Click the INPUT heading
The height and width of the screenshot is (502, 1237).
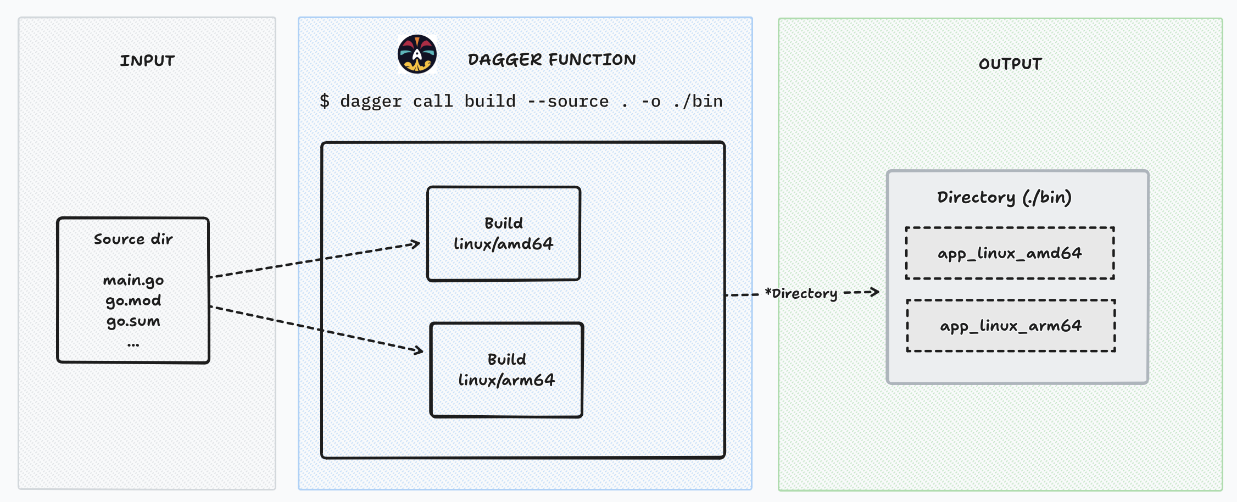[147, 60]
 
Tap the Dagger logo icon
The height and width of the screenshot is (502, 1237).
[417, 54]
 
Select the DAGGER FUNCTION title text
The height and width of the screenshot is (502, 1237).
[551, 59]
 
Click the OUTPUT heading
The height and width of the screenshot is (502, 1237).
[1010, 64]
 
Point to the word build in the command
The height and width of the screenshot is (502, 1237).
[490, 101]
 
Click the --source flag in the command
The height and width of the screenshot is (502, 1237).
[567, 101]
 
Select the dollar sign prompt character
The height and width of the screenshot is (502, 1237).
[325, 101]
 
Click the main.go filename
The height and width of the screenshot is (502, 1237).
[133, 281]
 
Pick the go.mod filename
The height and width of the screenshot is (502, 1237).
[133, 301]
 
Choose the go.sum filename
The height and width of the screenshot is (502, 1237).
[133, 321]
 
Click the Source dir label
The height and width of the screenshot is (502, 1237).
[133, 239]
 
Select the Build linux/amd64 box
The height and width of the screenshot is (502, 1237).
[504, 234]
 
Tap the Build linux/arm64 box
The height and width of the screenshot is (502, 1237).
[506, 370]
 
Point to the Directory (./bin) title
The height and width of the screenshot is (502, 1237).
[1004, 197]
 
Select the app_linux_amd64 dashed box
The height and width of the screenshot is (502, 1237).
[1010, 253]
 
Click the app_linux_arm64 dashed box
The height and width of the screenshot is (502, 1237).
[1011, 326]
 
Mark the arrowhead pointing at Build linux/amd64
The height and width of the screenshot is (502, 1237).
[416, 243]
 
